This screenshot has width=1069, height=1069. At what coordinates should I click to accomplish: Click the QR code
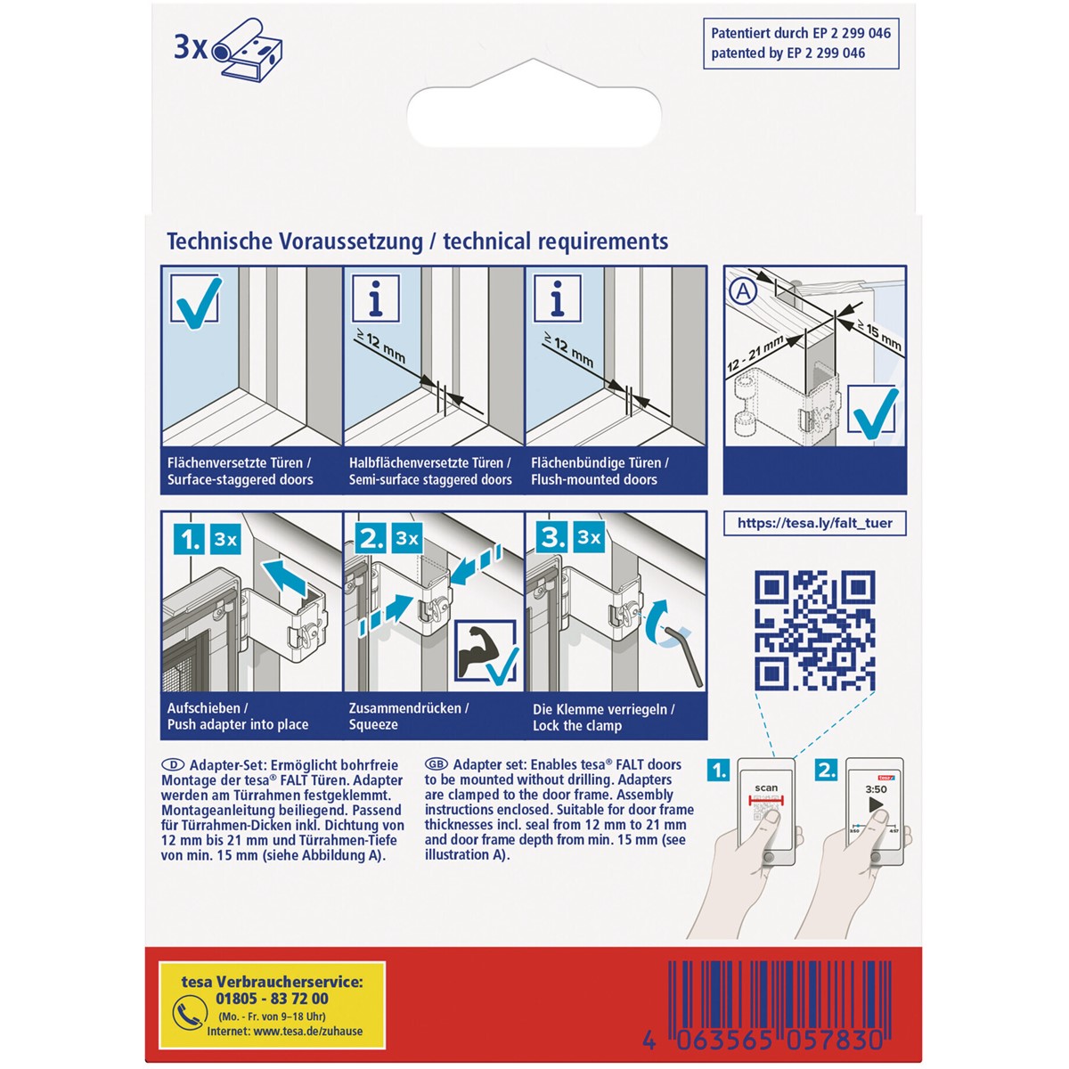(x=814, y=631)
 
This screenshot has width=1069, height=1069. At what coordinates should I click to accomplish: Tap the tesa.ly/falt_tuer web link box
(x=814, y=523)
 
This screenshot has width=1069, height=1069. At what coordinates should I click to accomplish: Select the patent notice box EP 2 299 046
(x=801, y=44)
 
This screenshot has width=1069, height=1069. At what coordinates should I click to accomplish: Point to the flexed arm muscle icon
(x=481, y=649)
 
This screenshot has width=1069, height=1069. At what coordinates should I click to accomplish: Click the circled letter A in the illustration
(x=743, y=291)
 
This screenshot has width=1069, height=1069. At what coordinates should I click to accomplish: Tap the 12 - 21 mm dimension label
(x=756, y=354)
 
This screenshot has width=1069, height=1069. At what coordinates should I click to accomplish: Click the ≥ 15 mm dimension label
(x=879, y=336)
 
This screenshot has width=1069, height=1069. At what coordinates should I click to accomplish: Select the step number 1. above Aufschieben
(x=189, y=540)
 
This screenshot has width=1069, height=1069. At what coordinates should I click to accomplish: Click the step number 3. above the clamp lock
(x=552, y=537)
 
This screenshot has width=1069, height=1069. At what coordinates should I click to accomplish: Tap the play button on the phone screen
(x=876, y=804)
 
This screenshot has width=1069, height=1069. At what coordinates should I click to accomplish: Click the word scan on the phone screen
(x=766, y=787)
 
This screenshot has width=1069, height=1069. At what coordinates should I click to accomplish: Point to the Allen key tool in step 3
(x=684, y=656)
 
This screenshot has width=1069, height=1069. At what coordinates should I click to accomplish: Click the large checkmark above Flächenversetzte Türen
(x=196, y=301)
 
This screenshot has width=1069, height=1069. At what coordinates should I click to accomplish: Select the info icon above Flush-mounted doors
(x=557, y=298)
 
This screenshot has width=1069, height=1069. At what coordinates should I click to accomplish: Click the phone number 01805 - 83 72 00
(x=272, y=999)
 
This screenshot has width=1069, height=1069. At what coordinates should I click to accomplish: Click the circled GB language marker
(x=436, y=764)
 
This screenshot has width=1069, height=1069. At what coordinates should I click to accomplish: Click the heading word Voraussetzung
(x=351, y=242)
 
